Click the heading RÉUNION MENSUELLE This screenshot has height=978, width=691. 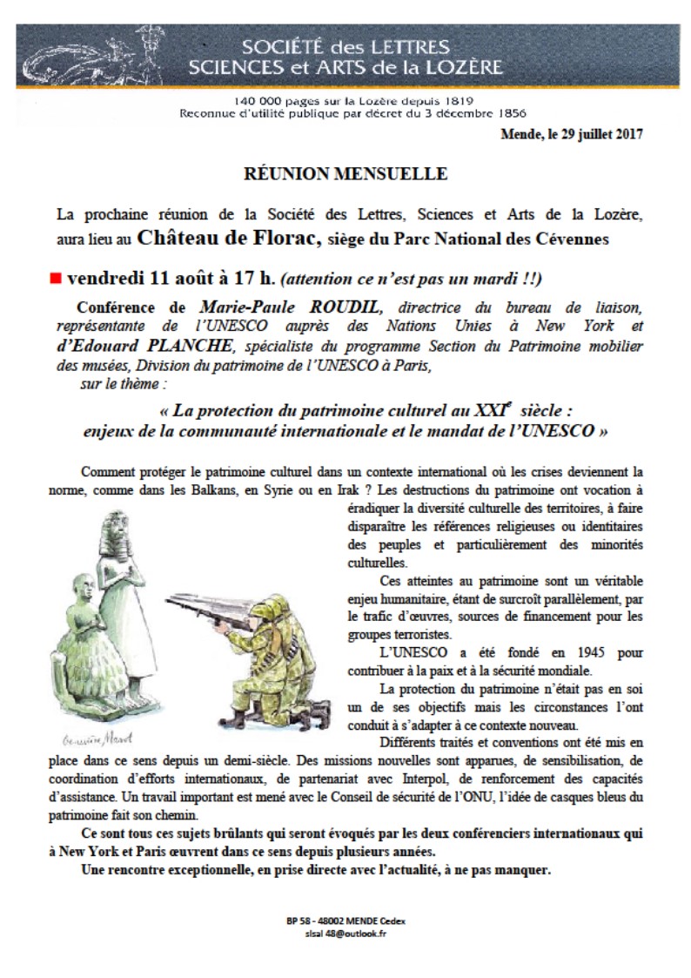pos(345,174)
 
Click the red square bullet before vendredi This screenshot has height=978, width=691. pos(56,279)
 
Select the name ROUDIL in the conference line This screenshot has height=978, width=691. pos(334,307)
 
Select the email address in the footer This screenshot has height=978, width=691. pos(345,934)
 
